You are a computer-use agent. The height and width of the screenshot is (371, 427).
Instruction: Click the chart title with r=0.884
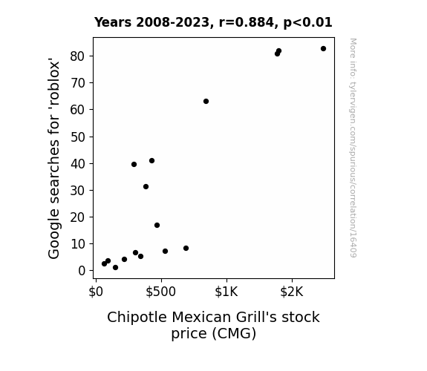point(213,22)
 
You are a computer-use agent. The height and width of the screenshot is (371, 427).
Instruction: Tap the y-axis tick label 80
point(78,56)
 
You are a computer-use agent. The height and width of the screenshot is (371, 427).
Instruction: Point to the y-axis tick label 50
point(78,137)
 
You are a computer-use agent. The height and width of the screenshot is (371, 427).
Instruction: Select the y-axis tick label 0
point(82,271)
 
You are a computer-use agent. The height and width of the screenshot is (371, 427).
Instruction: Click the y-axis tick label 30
point(78,191)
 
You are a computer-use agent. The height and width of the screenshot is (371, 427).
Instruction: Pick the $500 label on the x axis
point(160,292)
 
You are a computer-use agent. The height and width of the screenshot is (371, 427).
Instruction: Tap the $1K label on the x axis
point(226,292)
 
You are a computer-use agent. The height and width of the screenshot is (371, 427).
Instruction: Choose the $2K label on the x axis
point(292,292)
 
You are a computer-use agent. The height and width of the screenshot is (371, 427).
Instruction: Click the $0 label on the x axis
point(96,292)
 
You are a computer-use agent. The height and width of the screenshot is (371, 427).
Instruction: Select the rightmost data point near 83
point(323,49)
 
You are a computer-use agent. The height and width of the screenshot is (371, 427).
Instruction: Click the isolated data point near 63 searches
point(206,101)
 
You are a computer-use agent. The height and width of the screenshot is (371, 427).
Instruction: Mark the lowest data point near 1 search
point(115,268)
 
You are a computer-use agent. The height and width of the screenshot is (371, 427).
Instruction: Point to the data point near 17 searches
point(157,225)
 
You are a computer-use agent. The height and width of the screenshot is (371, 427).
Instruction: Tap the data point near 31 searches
point(146,187)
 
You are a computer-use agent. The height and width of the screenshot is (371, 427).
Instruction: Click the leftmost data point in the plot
point(104,263)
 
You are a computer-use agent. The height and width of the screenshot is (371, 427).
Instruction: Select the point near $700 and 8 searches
point(186,249)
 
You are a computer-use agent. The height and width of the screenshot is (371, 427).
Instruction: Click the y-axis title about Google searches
point(53,158)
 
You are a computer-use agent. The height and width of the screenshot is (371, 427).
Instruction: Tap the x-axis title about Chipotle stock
point(213,325)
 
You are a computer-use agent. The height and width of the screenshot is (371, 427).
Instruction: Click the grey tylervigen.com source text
point(353,148)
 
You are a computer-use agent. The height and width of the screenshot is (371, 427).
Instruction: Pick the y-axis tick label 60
point(78,110)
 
